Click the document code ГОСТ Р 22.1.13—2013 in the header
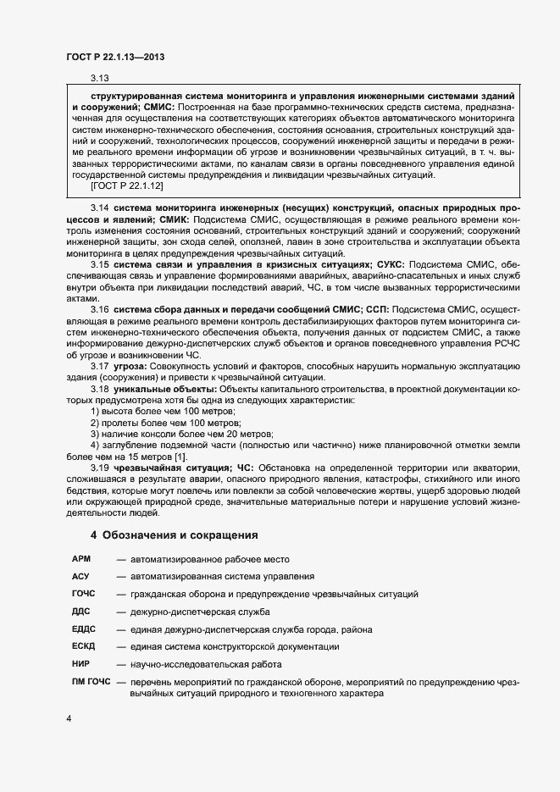tap(114, 57)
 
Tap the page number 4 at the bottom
tap(68, 719)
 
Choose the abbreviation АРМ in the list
tap(81, 559)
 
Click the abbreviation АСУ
tap(81, 576)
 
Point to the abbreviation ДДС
tap(81, 611)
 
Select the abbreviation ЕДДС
tap(84, 629)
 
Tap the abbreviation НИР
tap(81, 663)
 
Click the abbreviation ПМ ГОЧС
tap(91, 682)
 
